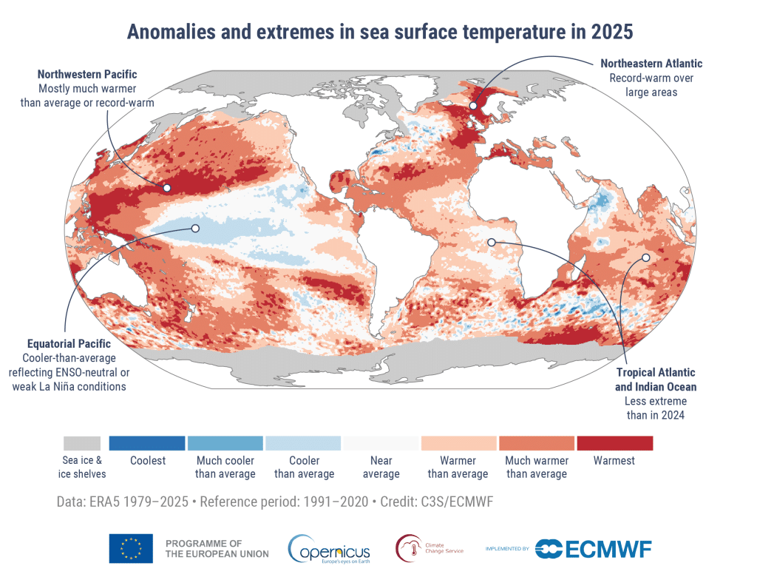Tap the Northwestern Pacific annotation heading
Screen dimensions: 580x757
pos(87,75)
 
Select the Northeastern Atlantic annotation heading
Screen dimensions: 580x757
pos(651,64)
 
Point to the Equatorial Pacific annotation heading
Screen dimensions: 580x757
pos(69,344)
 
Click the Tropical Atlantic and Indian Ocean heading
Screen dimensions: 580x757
pos(655,380)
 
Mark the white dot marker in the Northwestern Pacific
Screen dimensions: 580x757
pos(167,188)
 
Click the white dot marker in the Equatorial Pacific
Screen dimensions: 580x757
pos(195,229)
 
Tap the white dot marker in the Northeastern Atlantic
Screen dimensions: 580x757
pos(473,107)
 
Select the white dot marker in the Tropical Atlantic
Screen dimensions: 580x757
pos(492,242)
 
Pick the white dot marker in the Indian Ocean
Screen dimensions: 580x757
pos(645,257)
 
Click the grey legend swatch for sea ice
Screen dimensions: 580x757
pos(81,443)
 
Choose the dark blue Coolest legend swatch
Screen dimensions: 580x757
pos(147,443)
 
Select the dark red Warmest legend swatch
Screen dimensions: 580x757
pos(614,443)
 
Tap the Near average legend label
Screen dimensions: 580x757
pos(381,467)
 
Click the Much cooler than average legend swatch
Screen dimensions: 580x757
pos(225,443)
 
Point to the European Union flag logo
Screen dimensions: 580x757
pos(131,548)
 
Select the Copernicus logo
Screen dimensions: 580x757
pos(330,549)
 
